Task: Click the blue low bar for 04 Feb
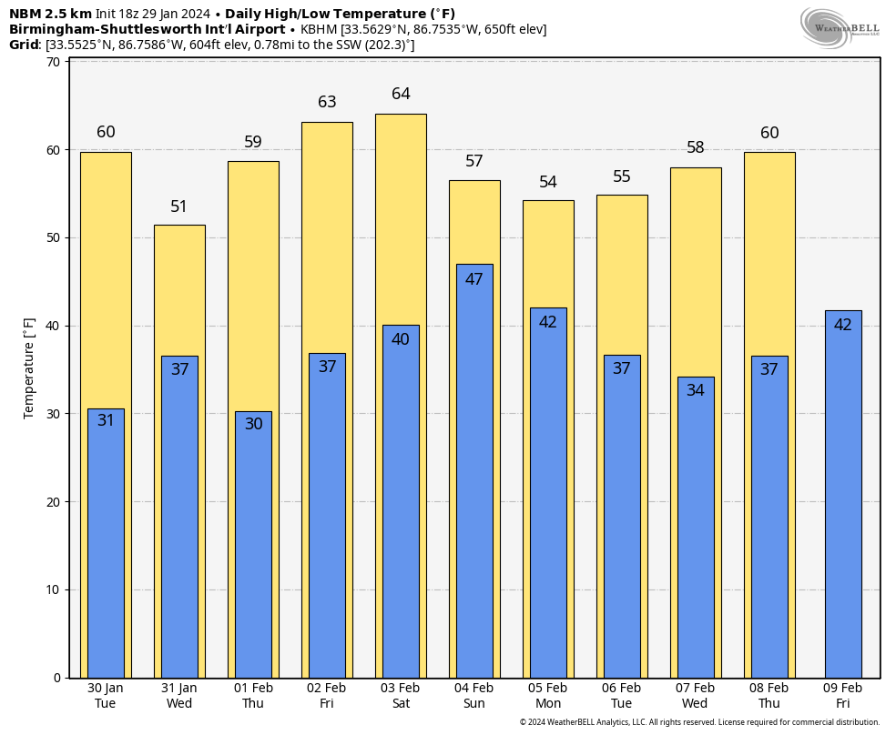click(474, 473)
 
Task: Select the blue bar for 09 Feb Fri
click(843, 496)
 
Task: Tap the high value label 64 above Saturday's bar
click(401, 94)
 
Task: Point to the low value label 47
click(474, 279)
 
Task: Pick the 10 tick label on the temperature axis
click(53, 589)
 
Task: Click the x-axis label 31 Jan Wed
click(179, 696)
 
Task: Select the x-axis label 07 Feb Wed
click(695, 696)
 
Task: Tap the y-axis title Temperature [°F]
click(29, 368)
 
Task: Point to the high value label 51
click(179, 206)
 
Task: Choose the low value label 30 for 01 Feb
click(253, 424)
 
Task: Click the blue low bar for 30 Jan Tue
click(106, 546)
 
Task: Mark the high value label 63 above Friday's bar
click(327, 102)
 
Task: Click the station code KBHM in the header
click(318, 29)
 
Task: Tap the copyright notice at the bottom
click(699, 722)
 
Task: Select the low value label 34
click(696, 390)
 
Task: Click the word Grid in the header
click(24, 45)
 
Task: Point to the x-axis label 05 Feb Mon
click(548, 696)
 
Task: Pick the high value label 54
click(548, 182)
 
